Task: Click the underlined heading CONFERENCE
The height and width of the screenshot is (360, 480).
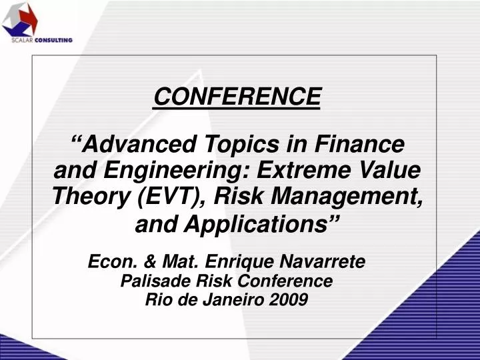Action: click(237, 97)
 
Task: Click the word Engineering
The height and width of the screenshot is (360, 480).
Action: click(171, 171)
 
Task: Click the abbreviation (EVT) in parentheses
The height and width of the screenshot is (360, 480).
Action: click(171, 198)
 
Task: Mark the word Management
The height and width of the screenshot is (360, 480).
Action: click(359, 198)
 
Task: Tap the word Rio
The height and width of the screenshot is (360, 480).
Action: click(158, 299)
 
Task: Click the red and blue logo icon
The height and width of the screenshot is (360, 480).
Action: click(21, 19)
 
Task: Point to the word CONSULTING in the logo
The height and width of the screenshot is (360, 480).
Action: click(55, 41)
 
